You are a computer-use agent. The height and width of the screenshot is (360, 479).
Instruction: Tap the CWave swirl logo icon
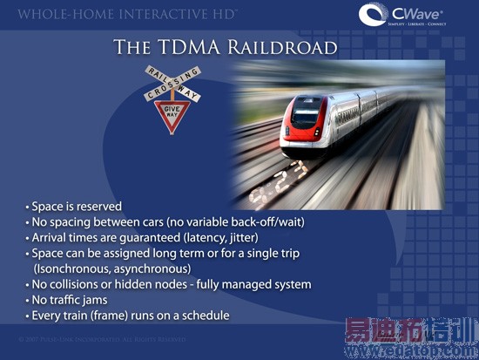[374, 16]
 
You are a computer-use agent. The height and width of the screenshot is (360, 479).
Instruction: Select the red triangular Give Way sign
[172, 110]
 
